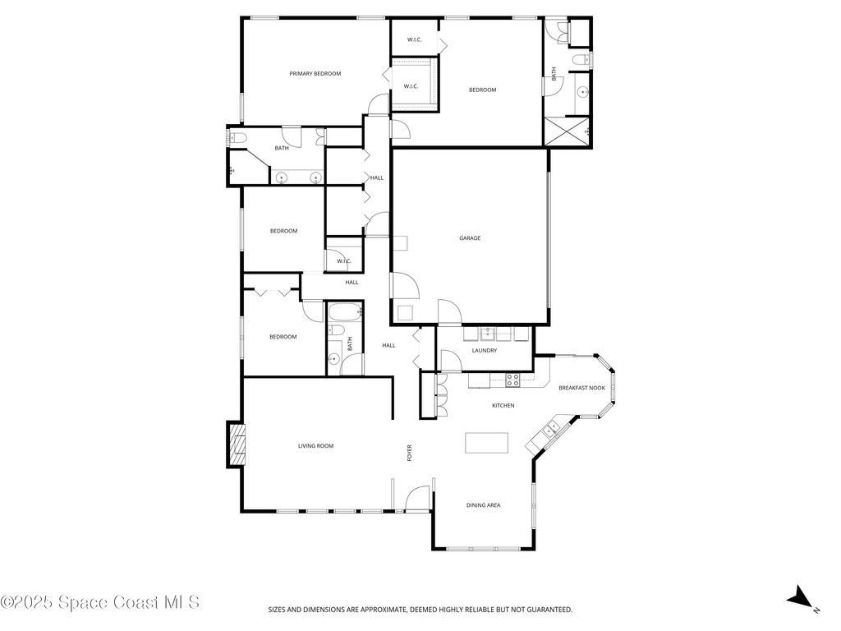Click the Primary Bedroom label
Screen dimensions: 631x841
click(x=315, y=74)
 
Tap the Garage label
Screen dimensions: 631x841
click(x=470, y=238)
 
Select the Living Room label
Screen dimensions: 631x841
click(x=315, y=446)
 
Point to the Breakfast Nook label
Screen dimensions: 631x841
click(x=581, y=388)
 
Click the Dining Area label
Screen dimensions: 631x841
click(x=483, y=505)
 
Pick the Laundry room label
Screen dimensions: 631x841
click(x=485, y=351)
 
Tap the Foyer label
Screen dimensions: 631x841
click(x=409, y=453)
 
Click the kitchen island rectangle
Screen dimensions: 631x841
click(x=487, y=443)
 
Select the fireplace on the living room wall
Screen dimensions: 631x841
click(x=237, y=444)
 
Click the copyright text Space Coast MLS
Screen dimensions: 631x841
click(x=100, y=602)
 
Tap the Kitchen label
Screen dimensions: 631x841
click(x=503, y=406)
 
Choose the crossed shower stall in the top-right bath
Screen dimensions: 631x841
click(x=567, y=131)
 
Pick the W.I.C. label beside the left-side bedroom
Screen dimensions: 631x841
click(x=343, y=261)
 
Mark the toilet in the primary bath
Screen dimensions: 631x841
click(x=237, y=138)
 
